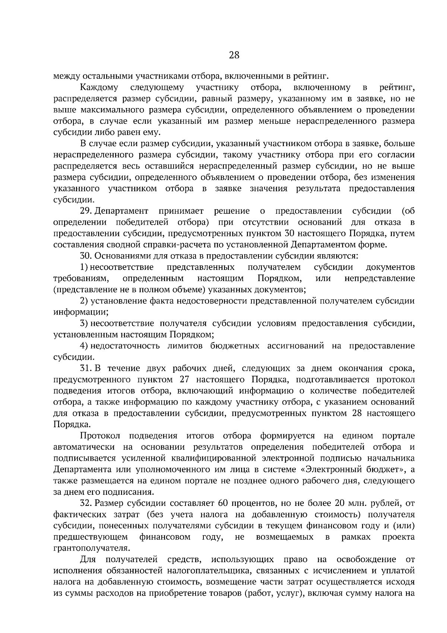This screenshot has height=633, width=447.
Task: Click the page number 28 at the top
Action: [234, 55]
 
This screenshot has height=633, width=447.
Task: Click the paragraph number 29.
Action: [86, 211]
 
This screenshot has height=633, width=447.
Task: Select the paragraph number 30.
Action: [86, 256]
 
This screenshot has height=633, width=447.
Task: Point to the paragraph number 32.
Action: [86, 503]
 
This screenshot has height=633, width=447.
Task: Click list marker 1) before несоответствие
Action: [84, 267]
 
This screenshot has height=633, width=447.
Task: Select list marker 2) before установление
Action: [84, 301]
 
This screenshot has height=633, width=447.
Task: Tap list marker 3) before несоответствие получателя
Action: [84, 323]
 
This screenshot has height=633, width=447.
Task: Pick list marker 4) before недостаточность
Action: [84, 346]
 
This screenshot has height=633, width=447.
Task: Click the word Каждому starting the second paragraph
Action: [99, 88]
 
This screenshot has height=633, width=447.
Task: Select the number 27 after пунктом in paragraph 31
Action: [189, 380]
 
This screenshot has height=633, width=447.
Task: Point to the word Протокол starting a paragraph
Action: [99, 436]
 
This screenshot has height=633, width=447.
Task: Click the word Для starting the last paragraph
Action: [88, 560]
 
